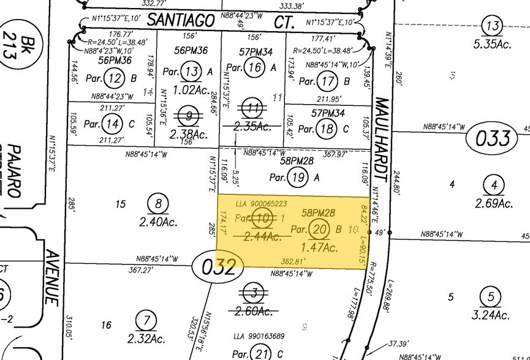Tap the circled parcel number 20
point(319,230)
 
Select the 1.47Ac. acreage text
point(318,248)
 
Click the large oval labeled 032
point(219,266)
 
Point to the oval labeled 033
point(493,139)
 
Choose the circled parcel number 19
point(298,178)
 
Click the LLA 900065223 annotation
point(262,203)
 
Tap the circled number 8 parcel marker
point(159,204)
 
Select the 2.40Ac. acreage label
point(158,222)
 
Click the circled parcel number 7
point(146,320)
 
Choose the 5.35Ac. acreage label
point(492,44)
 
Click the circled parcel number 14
point(112,124)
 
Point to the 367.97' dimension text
point(335,154)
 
